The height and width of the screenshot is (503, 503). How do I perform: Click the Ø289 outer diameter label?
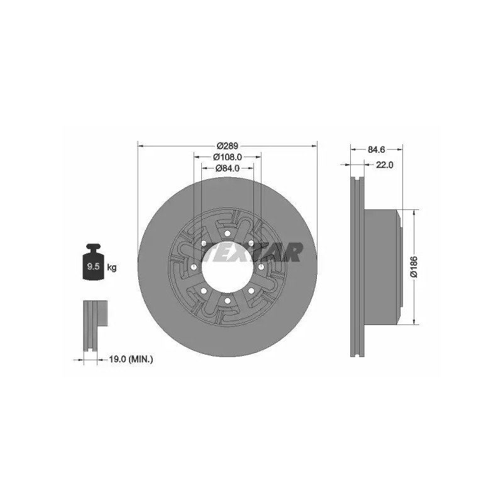228,146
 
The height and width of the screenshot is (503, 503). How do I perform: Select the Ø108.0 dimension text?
228,157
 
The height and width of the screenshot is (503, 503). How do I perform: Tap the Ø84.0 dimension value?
228,168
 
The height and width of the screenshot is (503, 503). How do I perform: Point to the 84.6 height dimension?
376,149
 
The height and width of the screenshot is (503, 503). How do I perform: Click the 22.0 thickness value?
384,165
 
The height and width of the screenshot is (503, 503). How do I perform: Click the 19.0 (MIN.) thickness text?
131,359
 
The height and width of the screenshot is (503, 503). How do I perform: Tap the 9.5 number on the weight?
93,266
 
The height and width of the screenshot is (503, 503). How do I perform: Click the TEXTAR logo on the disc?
253,252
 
